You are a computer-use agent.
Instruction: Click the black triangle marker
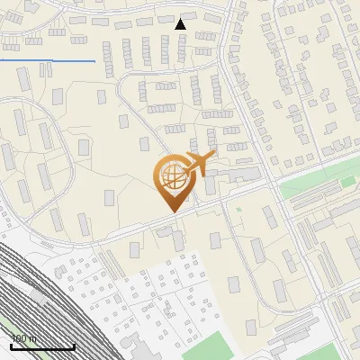tap(181, 24)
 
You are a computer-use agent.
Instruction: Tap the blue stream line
tap(45, 60)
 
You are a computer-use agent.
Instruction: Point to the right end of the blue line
tap(94, 61)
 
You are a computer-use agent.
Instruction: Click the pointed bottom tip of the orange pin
tap(171, 211)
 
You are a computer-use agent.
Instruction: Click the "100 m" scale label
tap(23, 338)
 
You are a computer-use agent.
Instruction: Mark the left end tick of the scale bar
tap(11, 346)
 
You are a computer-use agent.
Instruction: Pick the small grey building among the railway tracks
tap(38, 294)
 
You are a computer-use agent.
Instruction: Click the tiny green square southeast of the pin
tap(238, 209)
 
